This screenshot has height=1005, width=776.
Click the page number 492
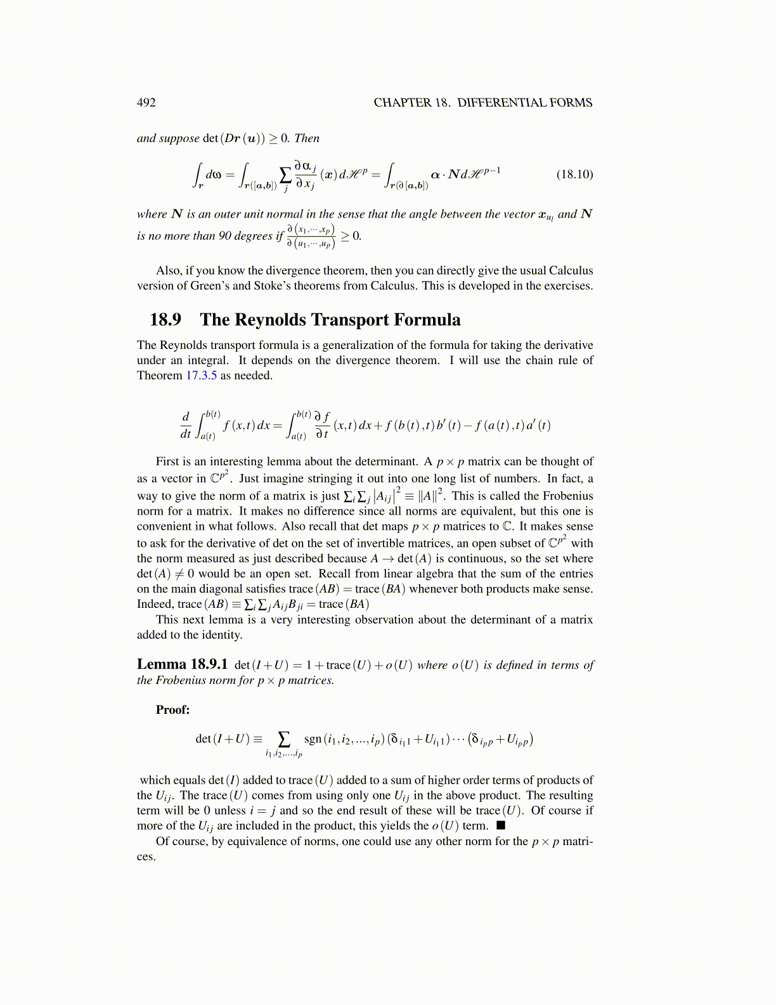click(146, 103)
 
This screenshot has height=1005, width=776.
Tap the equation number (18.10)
click(574, 174)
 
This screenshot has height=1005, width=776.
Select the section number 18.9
click(165, 320)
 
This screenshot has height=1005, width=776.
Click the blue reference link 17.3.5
click(201, 376)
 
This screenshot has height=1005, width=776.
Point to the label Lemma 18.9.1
click(182, 664)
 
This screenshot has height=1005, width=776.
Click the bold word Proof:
click(173, 710)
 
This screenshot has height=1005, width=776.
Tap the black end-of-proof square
click(501, 825)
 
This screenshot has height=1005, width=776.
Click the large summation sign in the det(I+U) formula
click(284, 739)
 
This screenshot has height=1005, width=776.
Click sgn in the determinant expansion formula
click(313, 739)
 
